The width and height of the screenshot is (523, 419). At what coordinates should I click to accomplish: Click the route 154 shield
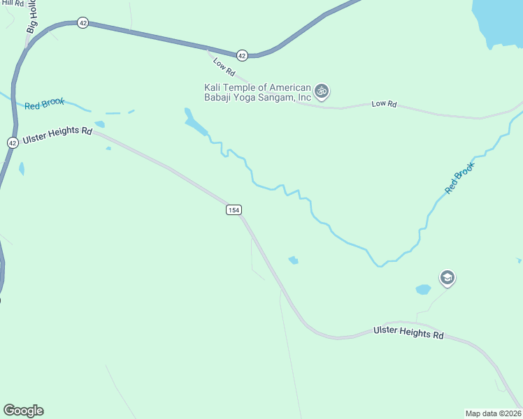tap(233, 210)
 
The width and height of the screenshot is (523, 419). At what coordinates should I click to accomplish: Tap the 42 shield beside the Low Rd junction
tap(242, 54)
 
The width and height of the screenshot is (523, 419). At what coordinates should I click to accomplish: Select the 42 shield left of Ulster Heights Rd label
tap(13, 142)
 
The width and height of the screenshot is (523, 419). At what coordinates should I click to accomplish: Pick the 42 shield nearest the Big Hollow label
tap(83, 23)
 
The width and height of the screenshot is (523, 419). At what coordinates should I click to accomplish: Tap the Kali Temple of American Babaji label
tap(257, 92)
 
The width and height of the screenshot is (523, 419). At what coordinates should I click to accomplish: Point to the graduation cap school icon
tap(447, 279)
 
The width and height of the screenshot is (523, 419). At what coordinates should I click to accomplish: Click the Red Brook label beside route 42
tap(44, 103)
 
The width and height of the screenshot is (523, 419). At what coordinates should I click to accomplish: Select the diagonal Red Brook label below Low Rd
tap(460, 179)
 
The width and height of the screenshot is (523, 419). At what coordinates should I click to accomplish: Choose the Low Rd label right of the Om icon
tap(384, 104)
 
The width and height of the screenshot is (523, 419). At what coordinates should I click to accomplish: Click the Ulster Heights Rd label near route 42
tap(57, 135)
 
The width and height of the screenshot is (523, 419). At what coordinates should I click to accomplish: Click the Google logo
tap(23, 411)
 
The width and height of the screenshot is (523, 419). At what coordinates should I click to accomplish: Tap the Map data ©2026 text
tap(493, 413)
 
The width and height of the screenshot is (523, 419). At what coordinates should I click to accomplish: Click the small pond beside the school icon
tap(424, 289)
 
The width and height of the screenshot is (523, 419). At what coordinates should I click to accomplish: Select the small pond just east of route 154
tap(294, 260)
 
